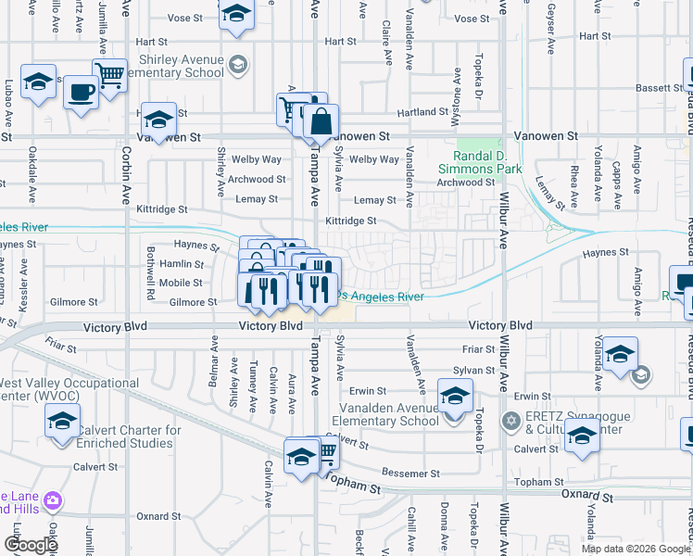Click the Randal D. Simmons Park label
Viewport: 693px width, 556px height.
click(480, 160)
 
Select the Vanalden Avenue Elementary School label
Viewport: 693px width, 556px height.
click(381, 414)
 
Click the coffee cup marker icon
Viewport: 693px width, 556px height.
click(82, 93)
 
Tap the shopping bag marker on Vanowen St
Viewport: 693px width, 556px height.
click(321, 120)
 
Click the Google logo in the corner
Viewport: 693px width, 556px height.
click(31, 545)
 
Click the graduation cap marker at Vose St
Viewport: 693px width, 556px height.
click(236, 14)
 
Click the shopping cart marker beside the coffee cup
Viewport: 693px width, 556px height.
click(109, 75)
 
